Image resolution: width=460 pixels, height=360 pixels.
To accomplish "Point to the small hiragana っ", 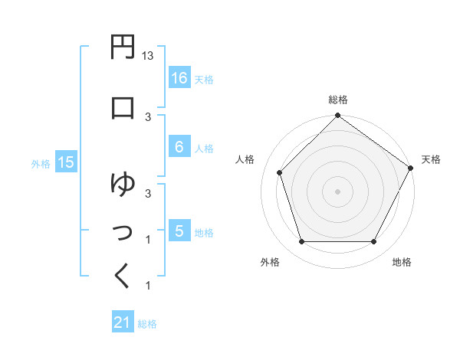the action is [x=123, y=230].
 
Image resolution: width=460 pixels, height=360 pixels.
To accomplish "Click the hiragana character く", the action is [x=123, y=276].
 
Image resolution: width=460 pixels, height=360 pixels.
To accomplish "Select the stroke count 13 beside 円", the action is [x=149, y=56].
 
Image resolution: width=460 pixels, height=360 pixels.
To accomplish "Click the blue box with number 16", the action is [x=179, y=78].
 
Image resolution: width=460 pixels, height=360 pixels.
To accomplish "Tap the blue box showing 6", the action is [x=179, y=148].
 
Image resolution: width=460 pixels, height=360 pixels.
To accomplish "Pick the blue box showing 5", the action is [x=179, y=231].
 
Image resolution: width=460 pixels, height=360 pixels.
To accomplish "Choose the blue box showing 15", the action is [x=65, y=162].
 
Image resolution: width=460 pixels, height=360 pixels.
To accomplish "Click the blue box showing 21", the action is [x=123, y=323].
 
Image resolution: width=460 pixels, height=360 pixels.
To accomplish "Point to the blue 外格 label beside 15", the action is [x=41, y=163].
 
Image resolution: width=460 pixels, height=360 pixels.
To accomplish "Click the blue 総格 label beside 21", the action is [x=147, y=324].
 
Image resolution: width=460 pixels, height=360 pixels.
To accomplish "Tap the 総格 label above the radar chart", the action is [x=338, y=100].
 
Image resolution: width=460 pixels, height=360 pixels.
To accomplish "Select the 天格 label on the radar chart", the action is [x=431, y=159].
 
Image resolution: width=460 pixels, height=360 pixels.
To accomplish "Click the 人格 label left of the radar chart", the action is [x=245, y=159].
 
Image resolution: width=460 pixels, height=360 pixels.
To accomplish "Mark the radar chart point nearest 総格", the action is [x=337, y=116].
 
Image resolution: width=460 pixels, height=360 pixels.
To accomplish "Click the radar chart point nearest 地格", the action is [x=374, y=242].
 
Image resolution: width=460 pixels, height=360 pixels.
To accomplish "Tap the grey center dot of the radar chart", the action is [x=337, y=191].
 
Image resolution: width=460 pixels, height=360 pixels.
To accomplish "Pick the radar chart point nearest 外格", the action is [x=301, y=242].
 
